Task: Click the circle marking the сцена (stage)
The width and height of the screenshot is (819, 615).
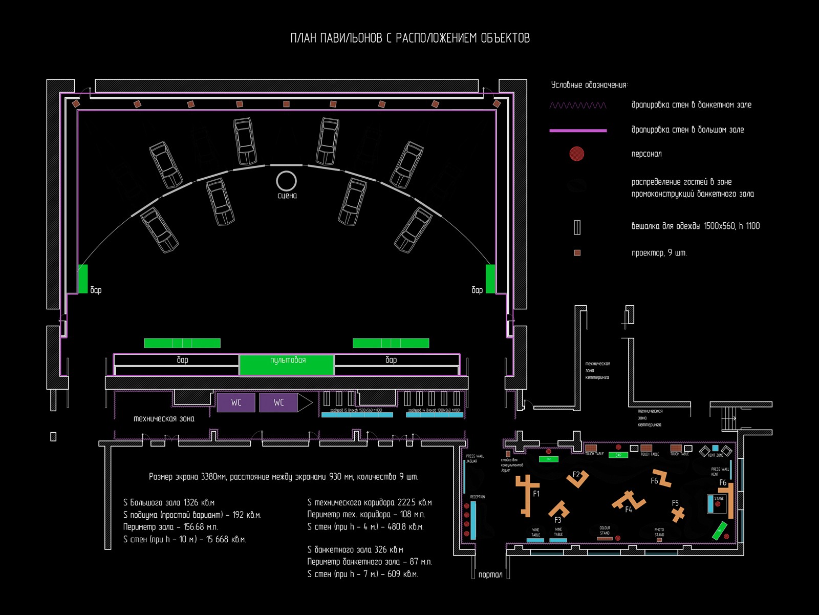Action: (286, 181)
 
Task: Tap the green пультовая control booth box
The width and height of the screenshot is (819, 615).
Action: (287, 365)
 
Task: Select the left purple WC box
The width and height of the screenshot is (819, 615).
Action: (236, 402)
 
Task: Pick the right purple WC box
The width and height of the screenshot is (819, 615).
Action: (278, 402)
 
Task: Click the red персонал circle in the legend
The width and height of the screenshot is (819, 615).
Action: (577, 154)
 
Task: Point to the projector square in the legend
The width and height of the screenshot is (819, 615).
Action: (577, 253)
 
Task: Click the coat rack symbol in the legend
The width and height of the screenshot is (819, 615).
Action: (577, 227)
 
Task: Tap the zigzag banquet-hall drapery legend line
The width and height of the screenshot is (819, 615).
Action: (577, 105)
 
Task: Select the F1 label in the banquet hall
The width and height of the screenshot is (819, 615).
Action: (536, 494)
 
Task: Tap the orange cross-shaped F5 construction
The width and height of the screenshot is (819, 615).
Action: (678, 514)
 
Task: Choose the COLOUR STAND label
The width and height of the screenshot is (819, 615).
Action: (605, 530)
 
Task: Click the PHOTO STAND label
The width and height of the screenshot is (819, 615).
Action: (659, 532)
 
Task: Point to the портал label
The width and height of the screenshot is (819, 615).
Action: (490, 575)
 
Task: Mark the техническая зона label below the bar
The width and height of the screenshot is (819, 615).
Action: (164, 419)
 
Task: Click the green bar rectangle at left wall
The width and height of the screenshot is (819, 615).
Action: (83, 279)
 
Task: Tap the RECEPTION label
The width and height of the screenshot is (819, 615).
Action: (477, 497)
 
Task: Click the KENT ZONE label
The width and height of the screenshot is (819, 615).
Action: (716, 455)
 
